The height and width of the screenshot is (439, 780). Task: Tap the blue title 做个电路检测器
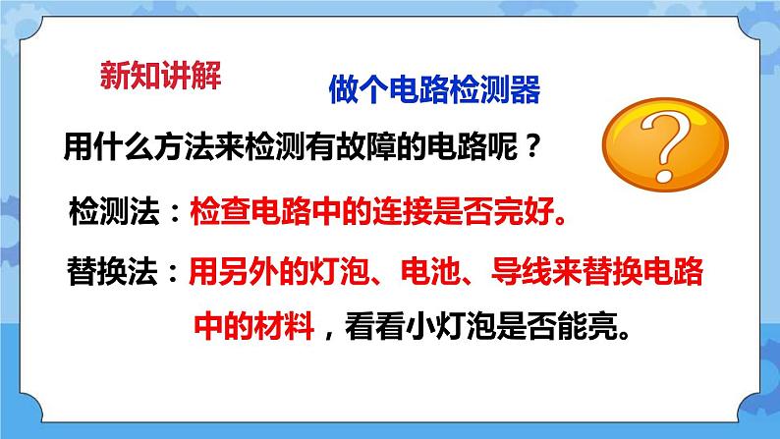coord(433,92)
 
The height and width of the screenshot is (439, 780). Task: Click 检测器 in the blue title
coord(504,92)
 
